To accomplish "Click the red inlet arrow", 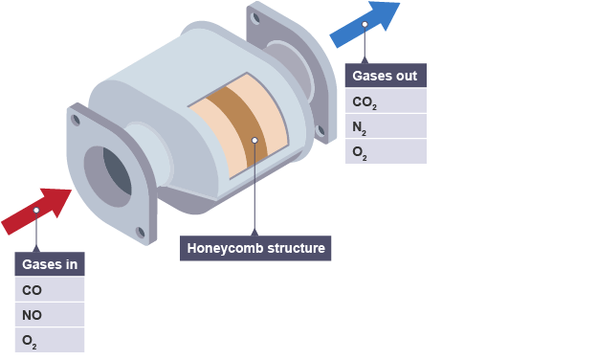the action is [36, 211].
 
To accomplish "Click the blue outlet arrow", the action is [365, 24].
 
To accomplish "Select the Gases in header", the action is [50, 263].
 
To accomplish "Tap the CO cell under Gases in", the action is [50, 289].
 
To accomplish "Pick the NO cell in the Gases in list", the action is [50, 315].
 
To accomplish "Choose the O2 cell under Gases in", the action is [50, 340].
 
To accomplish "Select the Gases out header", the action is [386, 76].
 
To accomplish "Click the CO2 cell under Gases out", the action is [386, 101].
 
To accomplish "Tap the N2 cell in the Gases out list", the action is [386, 126].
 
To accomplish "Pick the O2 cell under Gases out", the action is [386, 151].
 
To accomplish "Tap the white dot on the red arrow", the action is [36, 211].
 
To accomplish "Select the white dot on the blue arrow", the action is [365, 24].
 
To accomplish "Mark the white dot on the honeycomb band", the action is [254, 140].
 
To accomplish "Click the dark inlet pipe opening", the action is [118, 171].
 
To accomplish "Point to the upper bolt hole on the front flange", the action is [76, 120].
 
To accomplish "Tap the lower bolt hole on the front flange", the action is [141, 232].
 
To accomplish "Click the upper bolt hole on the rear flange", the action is [255, 18].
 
